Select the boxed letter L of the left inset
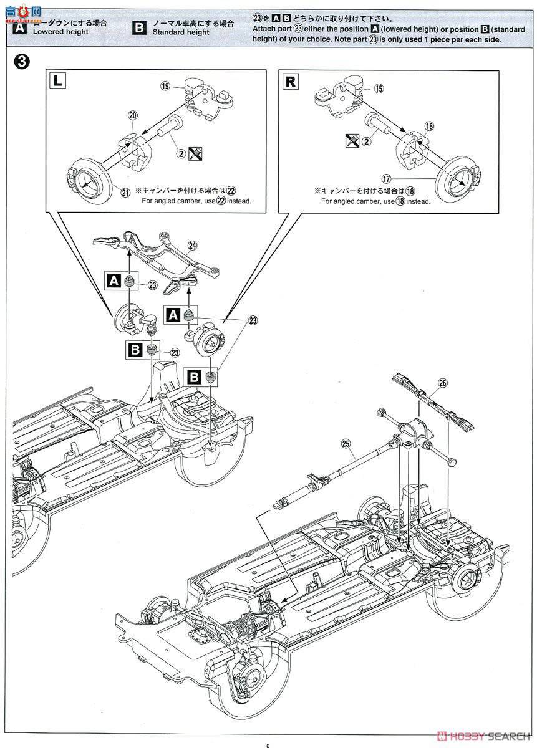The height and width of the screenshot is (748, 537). point(57,81)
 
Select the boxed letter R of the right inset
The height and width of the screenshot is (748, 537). point(290,81)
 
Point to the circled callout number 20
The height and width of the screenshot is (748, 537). point(132,115)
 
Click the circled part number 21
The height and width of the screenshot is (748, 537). point(125,193)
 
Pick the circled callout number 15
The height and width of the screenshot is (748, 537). point(379,89)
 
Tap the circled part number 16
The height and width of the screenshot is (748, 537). point(429,126)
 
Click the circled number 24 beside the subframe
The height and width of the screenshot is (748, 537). point(192,246)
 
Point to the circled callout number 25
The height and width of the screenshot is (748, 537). point(346,444)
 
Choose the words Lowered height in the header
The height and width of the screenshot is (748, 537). point(61,32)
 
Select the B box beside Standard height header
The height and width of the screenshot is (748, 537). point(139,27)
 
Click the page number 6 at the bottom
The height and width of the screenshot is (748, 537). point(267,729)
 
